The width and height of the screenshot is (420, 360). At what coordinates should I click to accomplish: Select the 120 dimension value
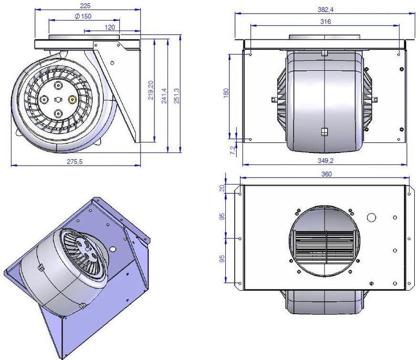coord(110,27)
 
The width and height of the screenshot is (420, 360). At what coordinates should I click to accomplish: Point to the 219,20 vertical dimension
coord(151,90)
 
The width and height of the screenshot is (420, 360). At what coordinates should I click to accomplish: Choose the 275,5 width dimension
coord(76,162)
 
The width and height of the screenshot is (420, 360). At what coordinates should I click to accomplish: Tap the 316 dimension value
coord(325,21)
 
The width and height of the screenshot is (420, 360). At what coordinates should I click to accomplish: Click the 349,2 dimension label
coord(325,161)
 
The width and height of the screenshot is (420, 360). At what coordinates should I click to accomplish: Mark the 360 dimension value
coord(325,174)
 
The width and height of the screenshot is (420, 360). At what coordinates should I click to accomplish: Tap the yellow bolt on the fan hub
coord(72,99)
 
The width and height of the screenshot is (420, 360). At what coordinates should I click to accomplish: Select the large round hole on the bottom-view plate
coord(371,218)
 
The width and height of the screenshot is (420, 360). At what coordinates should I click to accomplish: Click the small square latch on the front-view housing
coord(325,131)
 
